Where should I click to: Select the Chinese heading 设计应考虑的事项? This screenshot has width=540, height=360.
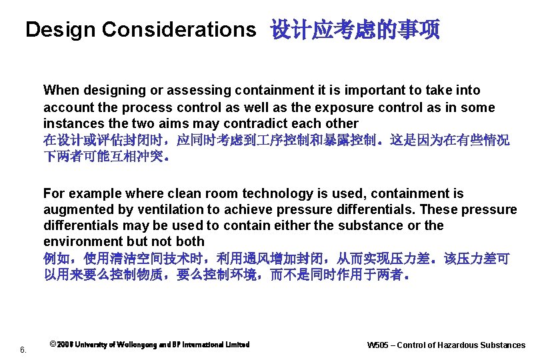click(x=355, y=30)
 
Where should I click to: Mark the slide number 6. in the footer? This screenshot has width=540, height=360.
click(x=23, y=349)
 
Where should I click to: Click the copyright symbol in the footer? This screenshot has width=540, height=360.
click(x=53, y=344)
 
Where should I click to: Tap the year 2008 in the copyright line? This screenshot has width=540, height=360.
click(x=65, y=345)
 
